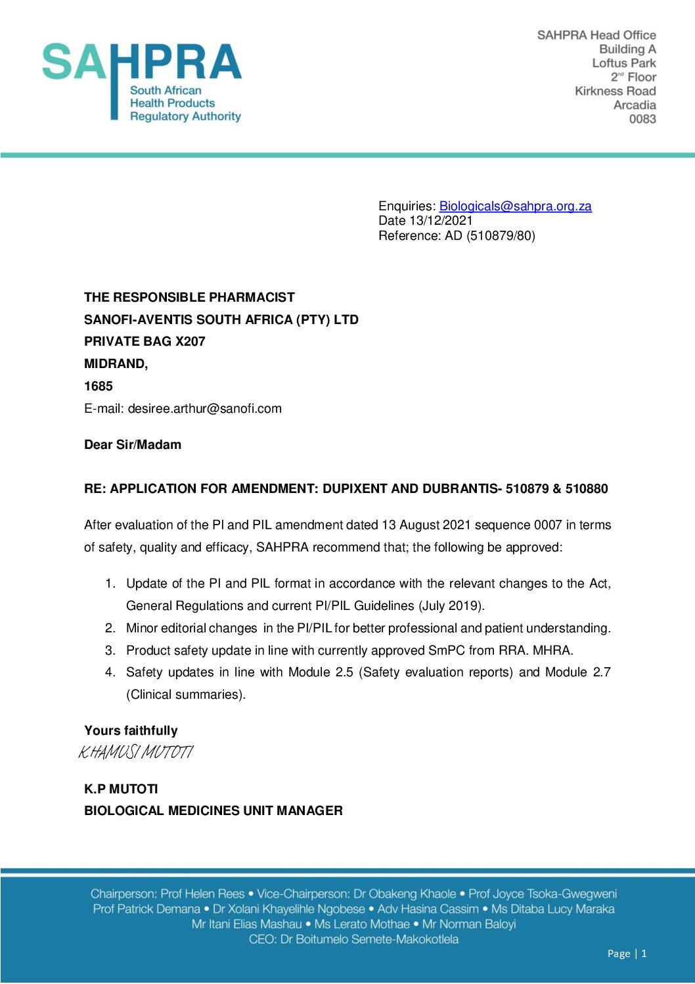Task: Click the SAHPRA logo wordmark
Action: click(x=142, y=62)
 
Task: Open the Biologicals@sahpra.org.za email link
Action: click(x=515, y=206)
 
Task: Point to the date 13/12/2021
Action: click(x=441, y=221)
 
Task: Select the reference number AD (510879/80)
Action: click(x=490, y=235)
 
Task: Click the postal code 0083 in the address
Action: click(x=642, y=119)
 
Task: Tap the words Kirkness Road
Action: click(x=615, y=91)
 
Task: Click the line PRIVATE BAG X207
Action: click(x=145, y=342)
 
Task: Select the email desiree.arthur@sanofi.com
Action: click(x=204, y=409)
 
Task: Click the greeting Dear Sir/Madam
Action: click(x=133, y=445)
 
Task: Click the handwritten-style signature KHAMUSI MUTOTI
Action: click(x=136, y=753)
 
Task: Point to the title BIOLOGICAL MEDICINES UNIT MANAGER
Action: click(x=213, y=811)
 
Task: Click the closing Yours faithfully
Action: click(x=131, y=731)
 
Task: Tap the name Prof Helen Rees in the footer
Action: click(x=202, y=894)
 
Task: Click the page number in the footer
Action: click(x=644, y=954)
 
